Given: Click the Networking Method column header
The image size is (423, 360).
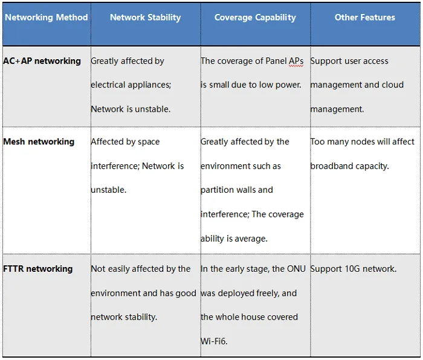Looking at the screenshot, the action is point(47,18).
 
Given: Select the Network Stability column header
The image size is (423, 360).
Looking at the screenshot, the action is point(146,18).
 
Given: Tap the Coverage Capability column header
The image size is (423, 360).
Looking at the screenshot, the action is point(255,18).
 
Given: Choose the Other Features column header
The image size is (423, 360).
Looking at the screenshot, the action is point(365,18).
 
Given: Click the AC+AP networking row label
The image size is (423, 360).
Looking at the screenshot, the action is point(42,61).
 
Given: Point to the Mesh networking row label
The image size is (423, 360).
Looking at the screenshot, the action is point(39,141).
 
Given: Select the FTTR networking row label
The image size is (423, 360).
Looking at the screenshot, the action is point(37,269).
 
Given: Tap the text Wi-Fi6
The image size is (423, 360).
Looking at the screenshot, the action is point(214,341).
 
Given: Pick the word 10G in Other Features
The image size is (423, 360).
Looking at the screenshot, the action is point(352,269).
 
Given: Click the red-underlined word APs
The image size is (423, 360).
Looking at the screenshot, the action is point(296,61).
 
